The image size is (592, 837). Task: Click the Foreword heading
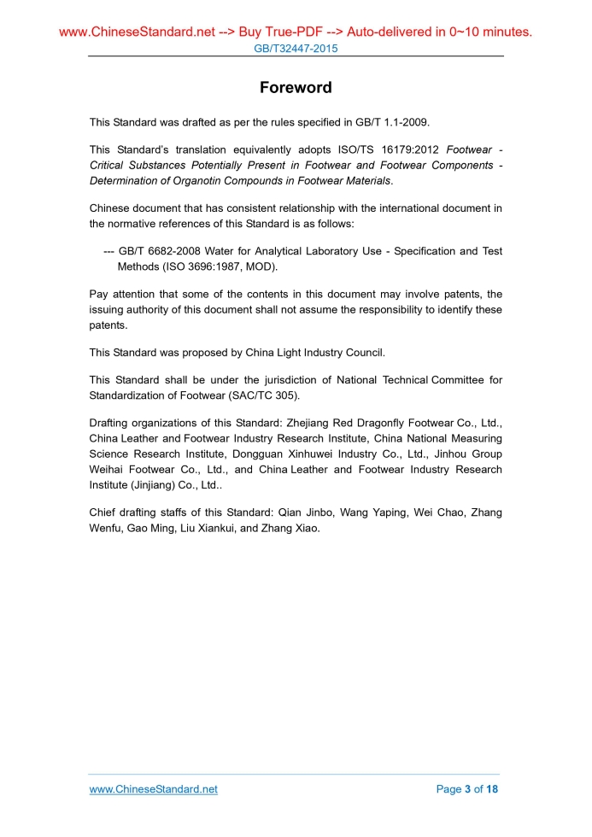click(x=296, y=88)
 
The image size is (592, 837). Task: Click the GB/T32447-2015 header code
click(x=296, y=49)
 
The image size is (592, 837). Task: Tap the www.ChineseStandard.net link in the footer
click(x=154, y=789)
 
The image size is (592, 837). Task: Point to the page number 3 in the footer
click(x=466, y=789)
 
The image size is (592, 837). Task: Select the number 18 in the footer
click(x=491, y=789)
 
